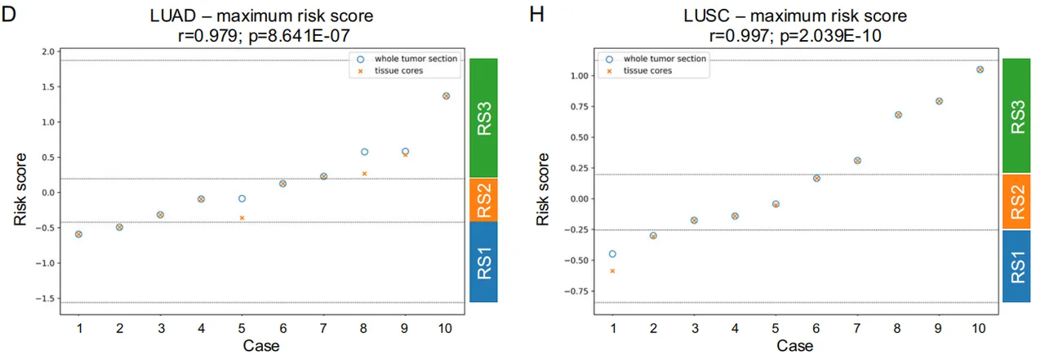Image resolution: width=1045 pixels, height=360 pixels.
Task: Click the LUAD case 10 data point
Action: pyautogui.click(x=446, y=96)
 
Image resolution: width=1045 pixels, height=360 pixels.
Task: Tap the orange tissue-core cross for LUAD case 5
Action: pyautogui.click(x=242, y=218)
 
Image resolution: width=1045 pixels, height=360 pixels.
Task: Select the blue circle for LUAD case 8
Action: pyautogui.click(x=364, y=152)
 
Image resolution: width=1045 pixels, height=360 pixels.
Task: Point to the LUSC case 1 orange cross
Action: pyautogui.click(x=612, y=270)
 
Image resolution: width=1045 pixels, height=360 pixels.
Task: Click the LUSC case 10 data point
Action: pyautogui.click(x=980, y=69)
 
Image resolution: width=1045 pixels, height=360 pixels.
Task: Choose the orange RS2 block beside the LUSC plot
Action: pyautogui.click(x=1016, y=202)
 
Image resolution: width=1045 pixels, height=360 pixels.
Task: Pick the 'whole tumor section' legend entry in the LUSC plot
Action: pyautogui.click(x=665, y=59)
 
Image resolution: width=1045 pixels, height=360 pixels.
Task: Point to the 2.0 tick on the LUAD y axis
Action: pyautogui.click(x=47, y=51)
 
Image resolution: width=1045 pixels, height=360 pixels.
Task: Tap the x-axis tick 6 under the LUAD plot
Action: pyautogui.click(x=282, y=328)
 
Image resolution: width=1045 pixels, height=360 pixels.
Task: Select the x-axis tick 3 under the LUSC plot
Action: pyautogui.click(x=694, y=328)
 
